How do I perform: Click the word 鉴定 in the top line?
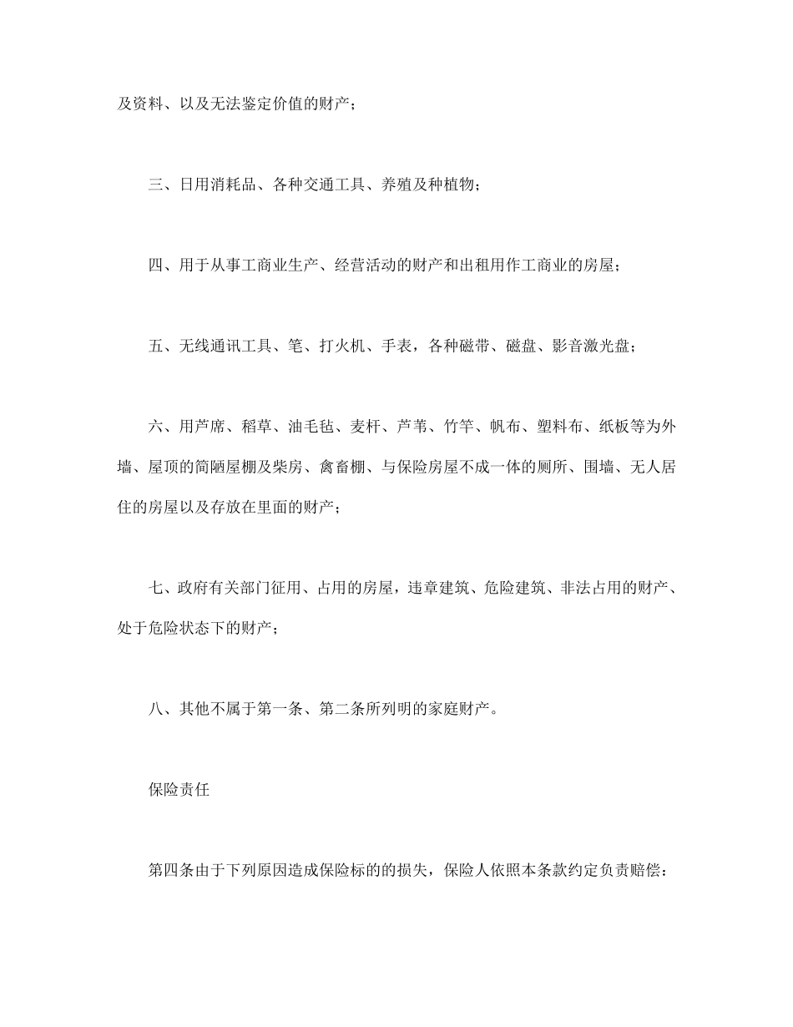click(x=240, y=105)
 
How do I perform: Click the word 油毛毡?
click(x=311, y=427)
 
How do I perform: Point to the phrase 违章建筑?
click(x=441, y=589)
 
